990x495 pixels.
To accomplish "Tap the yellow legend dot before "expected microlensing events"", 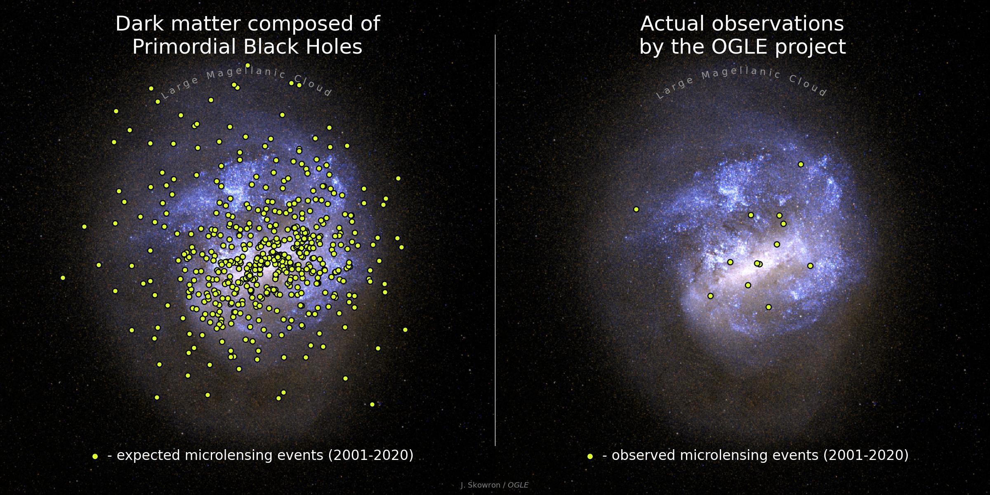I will [x=95, y=456].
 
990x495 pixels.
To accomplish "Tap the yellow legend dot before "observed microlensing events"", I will [x=590, y=456].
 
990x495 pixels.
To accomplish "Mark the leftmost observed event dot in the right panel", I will [x=636, y=210].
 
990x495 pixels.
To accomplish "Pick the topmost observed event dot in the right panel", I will [x=801, y=164].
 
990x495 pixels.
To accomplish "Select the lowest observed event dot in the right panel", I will [x=768, y=307].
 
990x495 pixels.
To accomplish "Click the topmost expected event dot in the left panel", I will [x=247, y=65].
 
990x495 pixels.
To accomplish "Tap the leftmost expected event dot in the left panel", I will [x=63, y=278].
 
